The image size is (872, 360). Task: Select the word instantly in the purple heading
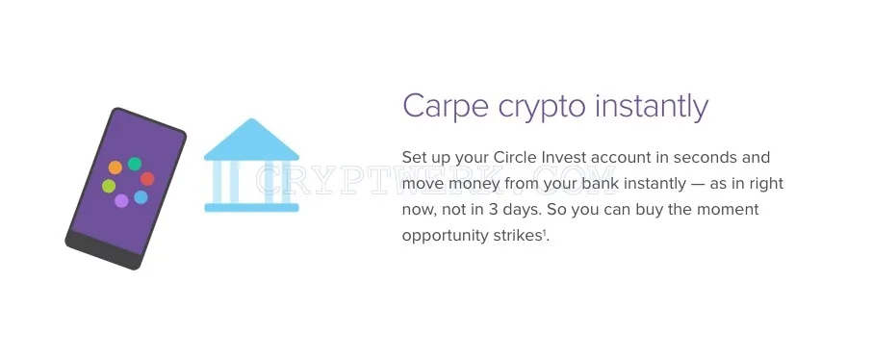(x=652, y=107)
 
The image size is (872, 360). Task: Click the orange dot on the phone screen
(x=115, y=167)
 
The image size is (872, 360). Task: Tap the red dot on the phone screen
(x=147, y=179)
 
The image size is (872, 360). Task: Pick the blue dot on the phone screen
(x=141, y=197)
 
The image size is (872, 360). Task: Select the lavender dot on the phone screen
(x=121, y=201)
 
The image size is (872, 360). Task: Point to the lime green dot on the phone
(x=109, y=186)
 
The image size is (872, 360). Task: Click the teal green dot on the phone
(x=135, y=164)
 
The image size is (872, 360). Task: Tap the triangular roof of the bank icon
(x=251, y=141)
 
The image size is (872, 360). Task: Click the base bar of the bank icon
(x=251, y=208)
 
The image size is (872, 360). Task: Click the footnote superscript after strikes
(x=546, y=233)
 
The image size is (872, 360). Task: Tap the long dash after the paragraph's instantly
(x=698, y=184)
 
